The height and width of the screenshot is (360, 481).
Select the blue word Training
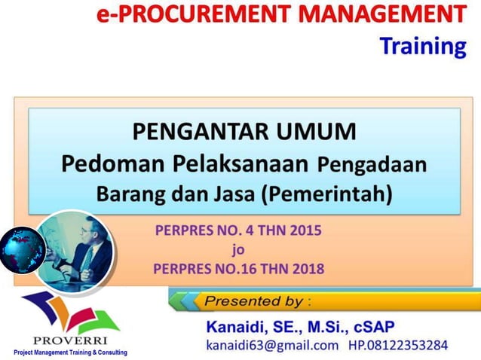[x=423, y=46]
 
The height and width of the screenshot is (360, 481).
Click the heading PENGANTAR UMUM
[x=244, y=132]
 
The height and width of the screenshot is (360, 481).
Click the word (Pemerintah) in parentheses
[x=327, y=194]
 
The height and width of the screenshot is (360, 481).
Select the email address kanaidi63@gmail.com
[x=272, y=346]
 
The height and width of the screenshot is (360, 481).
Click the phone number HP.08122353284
[x=398, y=346]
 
